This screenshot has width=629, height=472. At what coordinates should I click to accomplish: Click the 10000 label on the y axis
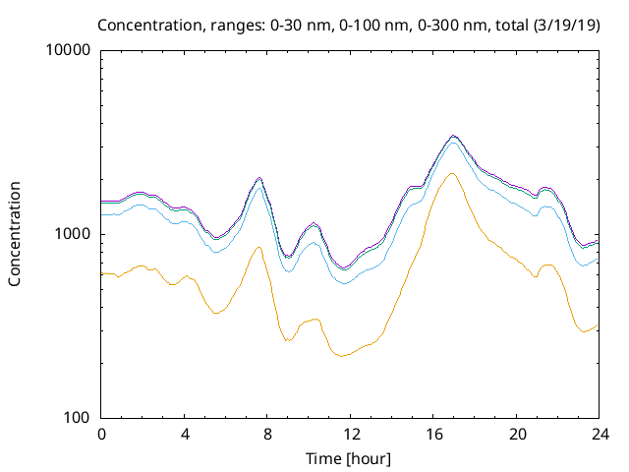pos(69,51)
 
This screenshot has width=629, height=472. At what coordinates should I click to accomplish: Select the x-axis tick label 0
pos(101,434)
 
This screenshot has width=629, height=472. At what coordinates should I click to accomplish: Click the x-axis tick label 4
pos(185,434)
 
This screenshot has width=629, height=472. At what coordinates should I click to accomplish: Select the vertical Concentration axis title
pos(15,234)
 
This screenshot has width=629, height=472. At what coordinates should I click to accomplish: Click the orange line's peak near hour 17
pos(452,174)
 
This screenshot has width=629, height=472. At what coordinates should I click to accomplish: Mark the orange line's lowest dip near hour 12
pos(342,356)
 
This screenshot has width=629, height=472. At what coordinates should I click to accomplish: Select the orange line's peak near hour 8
pos(259,247)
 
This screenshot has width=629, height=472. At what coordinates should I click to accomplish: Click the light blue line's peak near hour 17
pos(453,142)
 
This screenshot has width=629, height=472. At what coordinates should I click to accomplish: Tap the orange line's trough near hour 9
pos(287,341)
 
